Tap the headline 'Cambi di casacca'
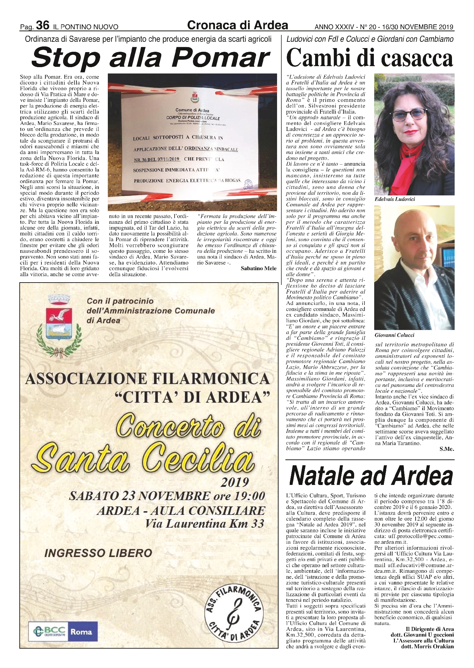(370, 58)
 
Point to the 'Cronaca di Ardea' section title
(238, 25)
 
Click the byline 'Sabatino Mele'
(258, 268)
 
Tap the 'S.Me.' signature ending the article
(447, 449)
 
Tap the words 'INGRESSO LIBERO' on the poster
(98, 553)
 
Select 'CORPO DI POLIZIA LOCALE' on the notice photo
(193, 118)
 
